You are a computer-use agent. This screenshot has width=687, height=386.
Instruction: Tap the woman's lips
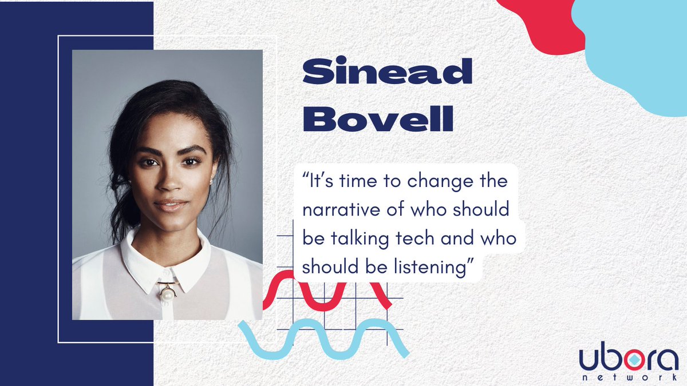[170, 204]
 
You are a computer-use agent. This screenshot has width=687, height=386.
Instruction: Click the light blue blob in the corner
[641, 63]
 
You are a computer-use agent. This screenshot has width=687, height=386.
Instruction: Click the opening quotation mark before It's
[306, 177]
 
